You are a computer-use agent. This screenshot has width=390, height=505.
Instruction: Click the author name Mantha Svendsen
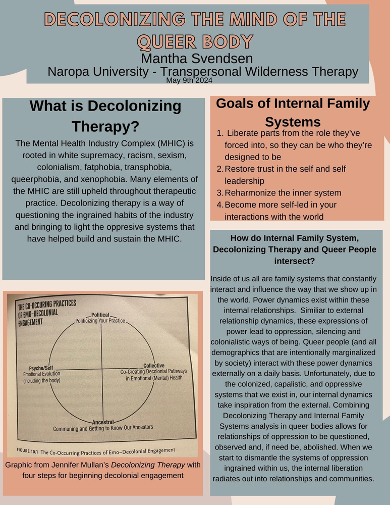click(197, 59)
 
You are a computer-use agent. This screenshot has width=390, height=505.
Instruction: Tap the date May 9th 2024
click(189, 80)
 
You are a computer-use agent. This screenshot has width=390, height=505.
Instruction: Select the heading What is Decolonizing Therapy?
click(105, 116)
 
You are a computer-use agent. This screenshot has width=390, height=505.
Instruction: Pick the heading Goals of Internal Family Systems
click(293, 113)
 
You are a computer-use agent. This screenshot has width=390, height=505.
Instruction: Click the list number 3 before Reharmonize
click(220, 193)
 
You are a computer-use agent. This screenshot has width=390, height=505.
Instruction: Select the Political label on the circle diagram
click(100, 315)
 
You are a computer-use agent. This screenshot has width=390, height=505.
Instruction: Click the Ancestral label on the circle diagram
click(103, 422)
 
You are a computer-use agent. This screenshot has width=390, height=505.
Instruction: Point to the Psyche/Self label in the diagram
click(41, 368)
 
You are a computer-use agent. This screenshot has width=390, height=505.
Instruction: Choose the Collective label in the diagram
click(154, 366)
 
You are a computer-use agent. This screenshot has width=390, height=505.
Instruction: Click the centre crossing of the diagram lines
click(102, 369)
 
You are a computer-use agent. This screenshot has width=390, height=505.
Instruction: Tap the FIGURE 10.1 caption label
click(27, 451)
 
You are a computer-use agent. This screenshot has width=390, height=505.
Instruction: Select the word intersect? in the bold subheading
click(295, 261)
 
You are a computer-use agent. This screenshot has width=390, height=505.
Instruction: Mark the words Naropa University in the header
click(98, 72)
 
